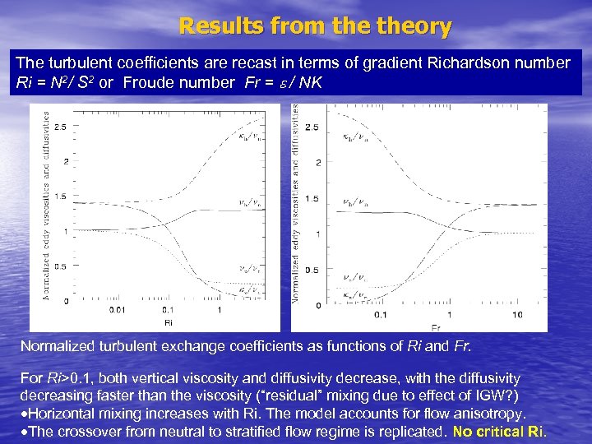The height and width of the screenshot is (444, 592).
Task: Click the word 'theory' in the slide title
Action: tap(415, 26)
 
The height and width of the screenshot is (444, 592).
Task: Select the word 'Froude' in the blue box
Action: tap(153, 83)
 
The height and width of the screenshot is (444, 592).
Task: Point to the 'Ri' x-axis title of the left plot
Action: tap(169, 323)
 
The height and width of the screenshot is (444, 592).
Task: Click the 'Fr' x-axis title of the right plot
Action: tap(435, 327)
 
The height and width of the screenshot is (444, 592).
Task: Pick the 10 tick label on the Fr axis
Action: tap(516, 315)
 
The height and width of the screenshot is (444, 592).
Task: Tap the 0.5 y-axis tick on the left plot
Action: tap(60, 265)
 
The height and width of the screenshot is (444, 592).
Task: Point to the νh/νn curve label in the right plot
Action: tap(355, 200)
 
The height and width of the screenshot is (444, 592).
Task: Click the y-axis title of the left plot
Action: tap(45, 206)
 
